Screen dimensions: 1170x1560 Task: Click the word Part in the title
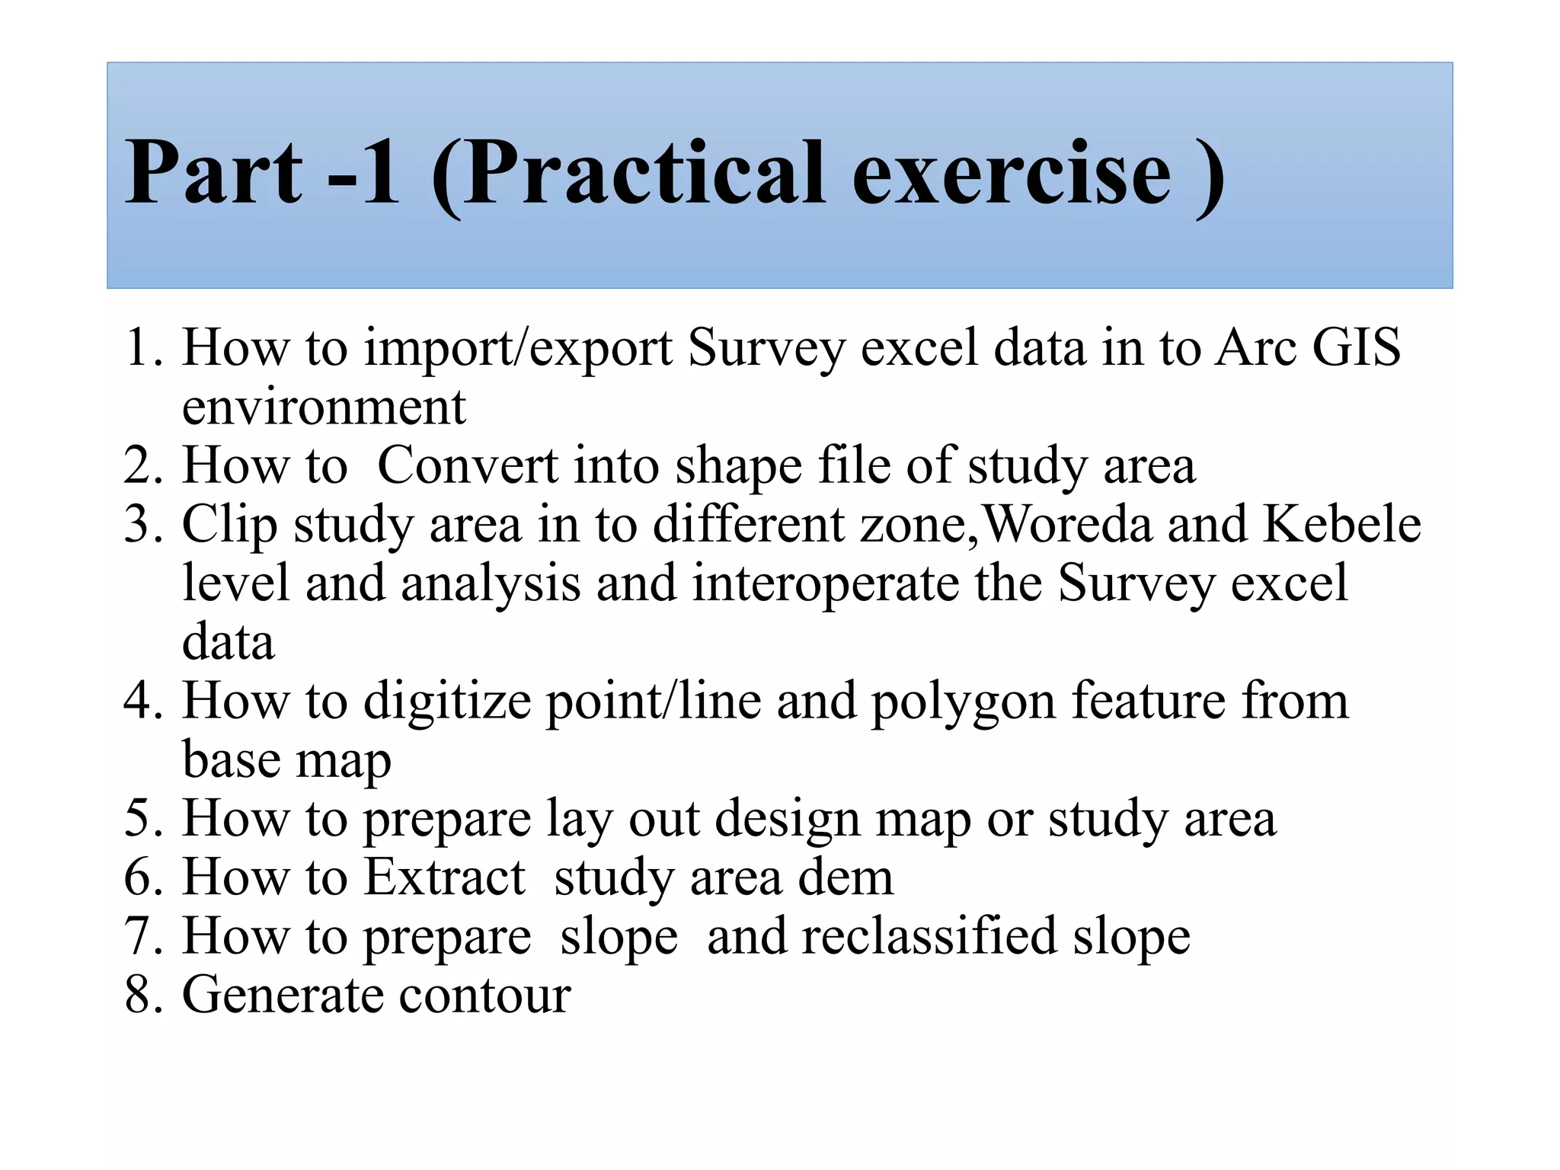[213, 173]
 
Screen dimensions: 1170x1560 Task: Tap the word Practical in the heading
[643, 173]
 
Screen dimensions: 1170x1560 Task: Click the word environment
[324, 407]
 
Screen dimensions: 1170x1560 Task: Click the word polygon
[963, 702]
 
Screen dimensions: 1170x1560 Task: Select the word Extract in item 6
[445, 877]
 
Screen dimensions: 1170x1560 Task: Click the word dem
[846, 877]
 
